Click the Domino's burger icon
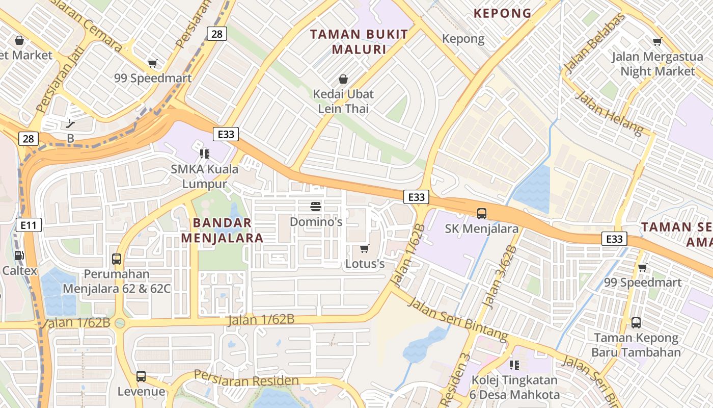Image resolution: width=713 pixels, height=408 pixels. pyautogui.click(x=316, y=207)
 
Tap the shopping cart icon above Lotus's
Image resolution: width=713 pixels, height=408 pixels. pyautogui.click(x=364, y=249)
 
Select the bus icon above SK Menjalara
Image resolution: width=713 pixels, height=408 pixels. pyautogui.click(x=482, y=214)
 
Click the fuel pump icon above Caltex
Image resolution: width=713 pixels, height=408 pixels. pyautogui.click(x=19, y=256)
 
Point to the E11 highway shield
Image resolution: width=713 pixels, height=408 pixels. pyautogui.click(x=28, y=224)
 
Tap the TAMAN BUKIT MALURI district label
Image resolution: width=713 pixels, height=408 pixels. pyautogui.click(x=359, y=42)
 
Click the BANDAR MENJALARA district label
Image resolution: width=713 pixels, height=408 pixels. pyautogui.click(x=222, y=230)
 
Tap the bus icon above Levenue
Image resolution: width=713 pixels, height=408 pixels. pyautogui.click(x=141, y=376)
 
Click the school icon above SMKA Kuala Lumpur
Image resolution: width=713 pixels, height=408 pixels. pyautogui.click(x=205, y=154)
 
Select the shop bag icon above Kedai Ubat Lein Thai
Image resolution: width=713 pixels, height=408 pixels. pyautogui.click(x=343, y=79)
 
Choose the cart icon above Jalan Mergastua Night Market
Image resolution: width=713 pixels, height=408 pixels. pyautogui.click(x=657, y=42)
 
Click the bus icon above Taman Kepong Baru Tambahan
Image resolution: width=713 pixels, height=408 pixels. pyautogui.click(x=636, y=322)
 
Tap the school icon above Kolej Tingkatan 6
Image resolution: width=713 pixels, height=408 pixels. pyautogui.click(x=514, y=365)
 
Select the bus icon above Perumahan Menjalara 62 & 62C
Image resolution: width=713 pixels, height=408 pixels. pyautogui.click(x=117, y=259)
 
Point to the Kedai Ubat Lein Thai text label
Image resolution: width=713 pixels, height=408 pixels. pyautogui.click(x=343, y=101)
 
